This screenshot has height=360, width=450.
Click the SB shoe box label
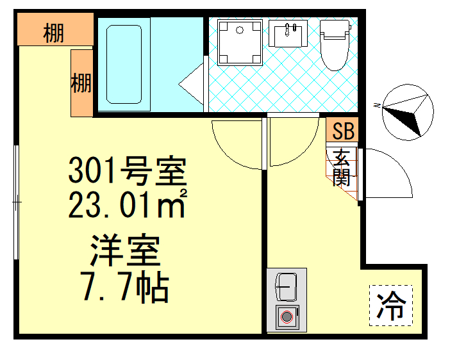(x=343, y=131)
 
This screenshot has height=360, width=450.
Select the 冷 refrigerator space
(x=390, y=306)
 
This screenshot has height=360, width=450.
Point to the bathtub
(x=124, y=64)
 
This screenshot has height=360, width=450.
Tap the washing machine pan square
(x=240, y=42)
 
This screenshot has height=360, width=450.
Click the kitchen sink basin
(x=286, y=286)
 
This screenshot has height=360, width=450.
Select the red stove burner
(x=286, y=316)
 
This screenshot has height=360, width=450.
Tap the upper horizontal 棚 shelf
(x=54, y=31)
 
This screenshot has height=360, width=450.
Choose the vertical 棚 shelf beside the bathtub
(x=81, y=83)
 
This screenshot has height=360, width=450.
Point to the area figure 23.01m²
(x=128, y=205)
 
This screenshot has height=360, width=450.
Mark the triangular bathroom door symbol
(x=192, y=83)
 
